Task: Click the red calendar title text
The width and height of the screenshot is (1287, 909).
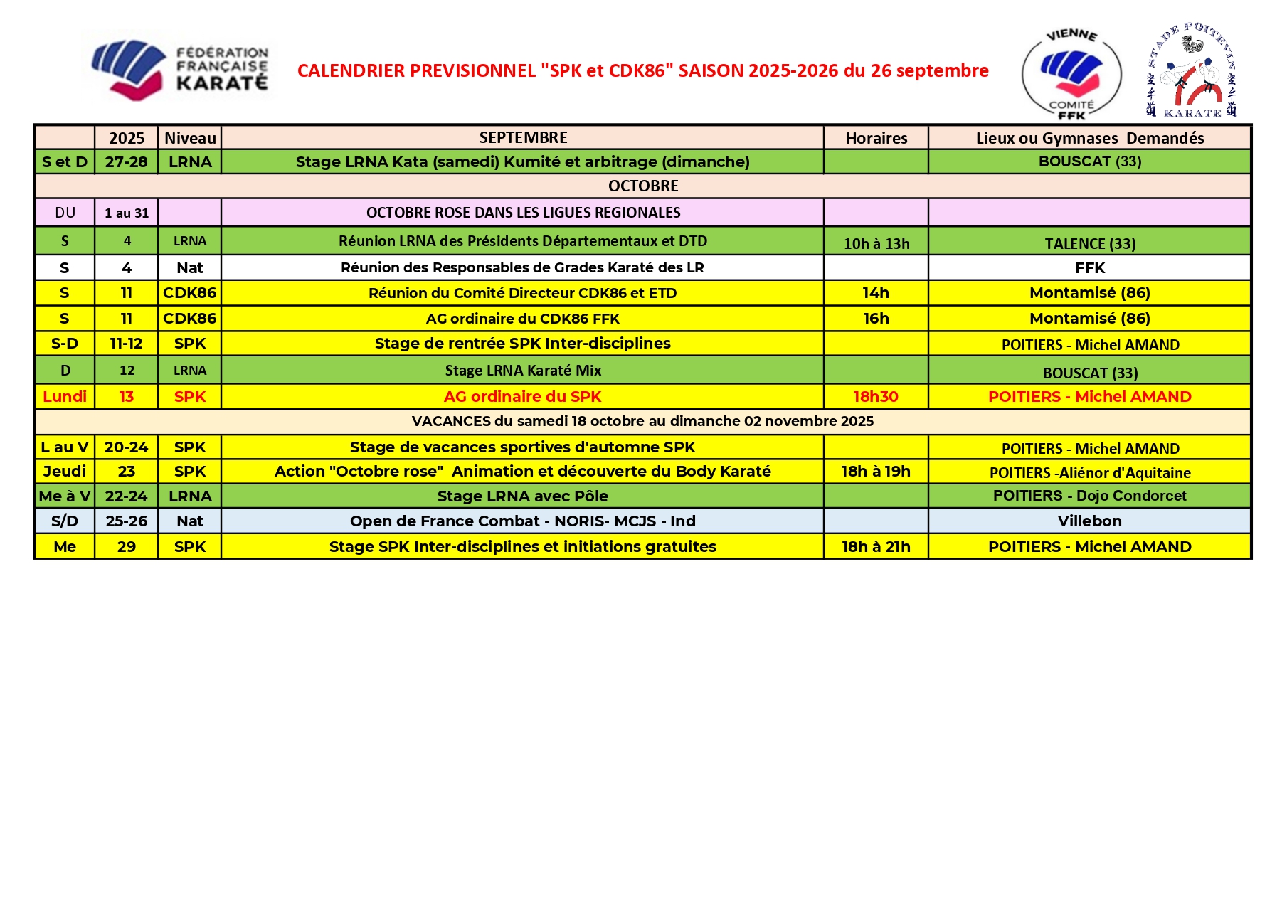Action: click(642, 70)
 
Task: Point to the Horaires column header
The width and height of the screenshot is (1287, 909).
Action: click(876, 138)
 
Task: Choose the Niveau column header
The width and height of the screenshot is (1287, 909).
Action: click(190, 138)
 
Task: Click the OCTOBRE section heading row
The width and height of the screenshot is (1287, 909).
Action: click(642, 186)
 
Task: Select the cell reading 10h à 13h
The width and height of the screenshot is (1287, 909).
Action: click(876, 243)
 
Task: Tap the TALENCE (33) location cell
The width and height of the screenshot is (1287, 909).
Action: click(1089, 243)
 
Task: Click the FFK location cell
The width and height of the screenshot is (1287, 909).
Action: click(1089, 268)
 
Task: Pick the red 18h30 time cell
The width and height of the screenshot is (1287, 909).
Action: click(876, 397)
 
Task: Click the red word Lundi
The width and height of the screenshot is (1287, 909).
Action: click(65, 397)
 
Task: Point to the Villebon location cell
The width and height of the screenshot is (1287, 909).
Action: click(1089, 521)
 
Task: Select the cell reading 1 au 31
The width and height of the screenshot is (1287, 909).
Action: click(127, 213)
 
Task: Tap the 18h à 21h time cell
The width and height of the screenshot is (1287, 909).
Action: click(876, 546)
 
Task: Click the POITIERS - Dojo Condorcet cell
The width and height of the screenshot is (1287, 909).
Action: click(1089, 496)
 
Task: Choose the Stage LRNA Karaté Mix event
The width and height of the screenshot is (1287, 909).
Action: click(523, 371)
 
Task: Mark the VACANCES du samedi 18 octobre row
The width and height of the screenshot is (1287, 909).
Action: click(642, 421)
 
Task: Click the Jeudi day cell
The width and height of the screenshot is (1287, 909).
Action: click(65, 471)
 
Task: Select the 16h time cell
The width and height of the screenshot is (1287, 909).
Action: click(876, 318)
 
